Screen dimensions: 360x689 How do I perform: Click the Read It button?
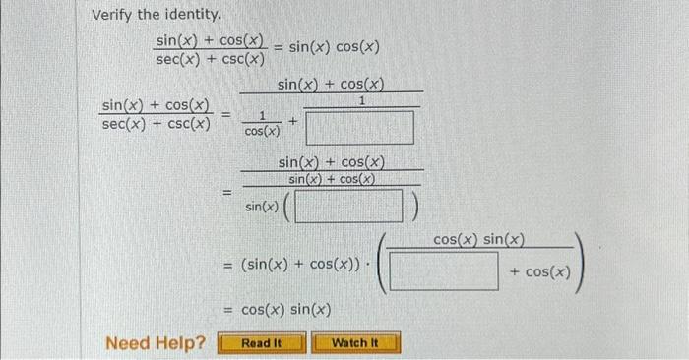pos(261,343)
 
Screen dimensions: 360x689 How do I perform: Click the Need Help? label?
pos(156,343)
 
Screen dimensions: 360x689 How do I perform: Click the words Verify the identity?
pos(143,16)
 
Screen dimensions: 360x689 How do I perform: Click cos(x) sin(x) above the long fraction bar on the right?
pos(478,240)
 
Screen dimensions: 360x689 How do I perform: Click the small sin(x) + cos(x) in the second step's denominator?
pos(332,179)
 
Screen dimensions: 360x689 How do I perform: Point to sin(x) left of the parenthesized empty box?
pos(261,207)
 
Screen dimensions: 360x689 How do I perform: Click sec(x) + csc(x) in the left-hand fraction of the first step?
pos(156,123)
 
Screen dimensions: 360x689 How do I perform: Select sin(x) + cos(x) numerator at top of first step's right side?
pos(331,86)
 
